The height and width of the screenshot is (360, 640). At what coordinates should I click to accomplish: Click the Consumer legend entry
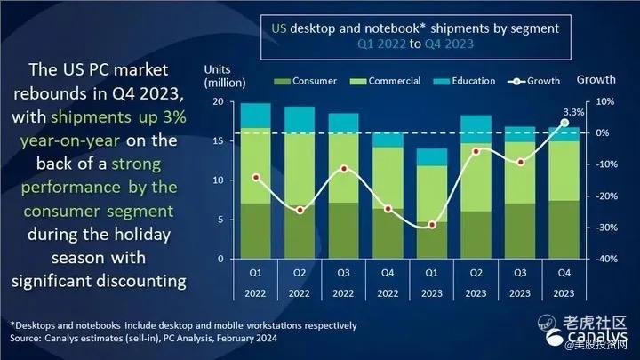305,81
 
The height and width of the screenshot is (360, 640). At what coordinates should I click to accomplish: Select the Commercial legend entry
385,81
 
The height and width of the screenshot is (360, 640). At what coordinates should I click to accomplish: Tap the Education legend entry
464,81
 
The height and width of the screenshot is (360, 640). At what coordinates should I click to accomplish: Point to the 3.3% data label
573,112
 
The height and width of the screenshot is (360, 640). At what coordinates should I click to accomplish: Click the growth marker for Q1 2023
432,225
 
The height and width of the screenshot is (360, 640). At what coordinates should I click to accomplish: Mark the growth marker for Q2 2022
300,210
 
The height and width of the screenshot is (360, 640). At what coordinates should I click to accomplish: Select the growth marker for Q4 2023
564,123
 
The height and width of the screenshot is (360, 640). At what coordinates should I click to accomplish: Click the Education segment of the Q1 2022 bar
256,116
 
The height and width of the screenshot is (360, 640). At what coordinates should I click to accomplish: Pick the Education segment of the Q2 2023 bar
476,129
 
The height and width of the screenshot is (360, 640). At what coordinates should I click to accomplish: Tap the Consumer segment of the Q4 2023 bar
564,229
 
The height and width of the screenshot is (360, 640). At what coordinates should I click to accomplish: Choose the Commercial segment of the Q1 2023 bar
432,194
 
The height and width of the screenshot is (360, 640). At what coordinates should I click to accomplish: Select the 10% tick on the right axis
605,101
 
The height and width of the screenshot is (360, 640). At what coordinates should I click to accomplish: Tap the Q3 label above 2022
344,273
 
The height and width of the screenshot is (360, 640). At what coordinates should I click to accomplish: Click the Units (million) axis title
225,76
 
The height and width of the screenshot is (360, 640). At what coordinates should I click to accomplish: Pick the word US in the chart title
279,28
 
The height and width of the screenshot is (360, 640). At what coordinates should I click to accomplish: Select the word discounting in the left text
141,281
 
